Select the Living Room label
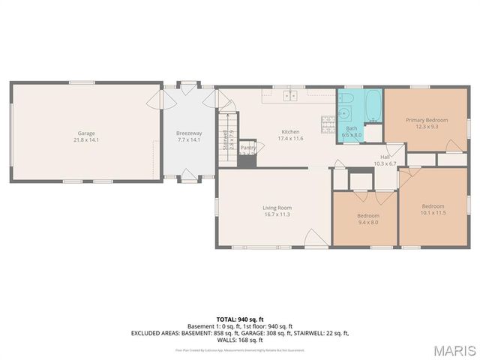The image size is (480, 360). [x=276, y=208]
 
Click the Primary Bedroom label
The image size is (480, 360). [x=427, y=120]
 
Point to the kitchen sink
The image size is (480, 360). [x=289, y=95]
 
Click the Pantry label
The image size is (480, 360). [x=248, y=148]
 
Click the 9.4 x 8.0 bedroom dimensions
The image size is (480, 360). [x=367, y=222]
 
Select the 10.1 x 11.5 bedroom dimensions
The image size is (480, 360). [x=433, y=213]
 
